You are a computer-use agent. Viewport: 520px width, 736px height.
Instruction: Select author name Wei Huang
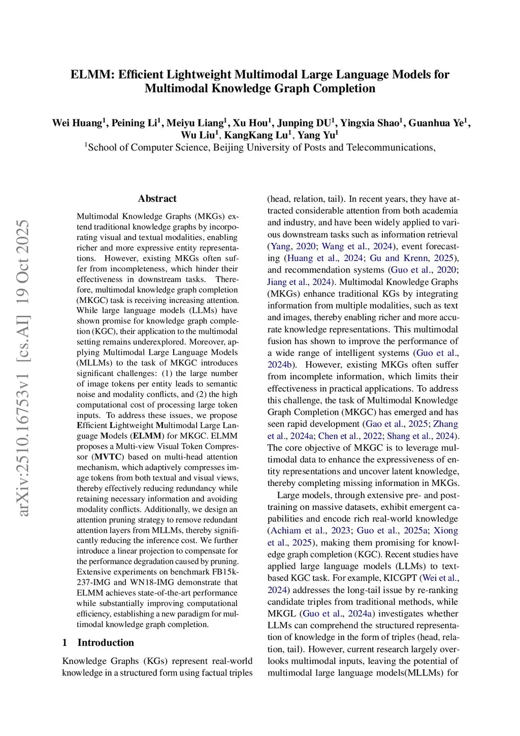click(77, 123)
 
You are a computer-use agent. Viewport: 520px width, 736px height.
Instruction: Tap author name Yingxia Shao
click(370, 123)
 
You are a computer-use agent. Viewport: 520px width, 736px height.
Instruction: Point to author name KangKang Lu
click(256, 135)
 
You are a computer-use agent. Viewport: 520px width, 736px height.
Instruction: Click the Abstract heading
click(157, 199)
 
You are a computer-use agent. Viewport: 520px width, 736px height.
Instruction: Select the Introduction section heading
click(106, 642)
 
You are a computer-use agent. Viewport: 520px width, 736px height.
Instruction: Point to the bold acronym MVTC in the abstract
click(108, 457)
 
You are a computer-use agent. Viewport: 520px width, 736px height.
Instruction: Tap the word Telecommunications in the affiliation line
click(391, 147)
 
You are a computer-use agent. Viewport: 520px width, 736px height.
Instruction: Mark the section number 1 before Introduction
click(64, 642)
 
